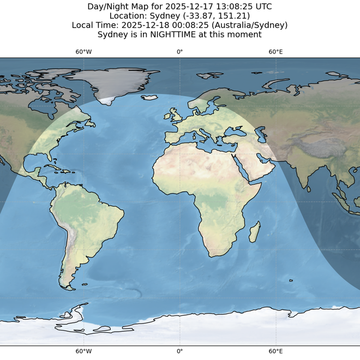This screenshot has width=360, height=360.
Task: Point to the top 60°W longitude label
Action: click(x=83, y=52)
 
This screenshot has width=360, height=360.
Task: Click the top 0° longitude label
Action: click(x=179, y=52)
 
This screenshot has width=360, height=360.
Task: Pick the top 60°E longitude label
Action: click(x=275, y=52)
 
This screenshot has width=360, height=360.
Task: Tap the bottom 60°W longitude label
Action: click(x=83, y=351)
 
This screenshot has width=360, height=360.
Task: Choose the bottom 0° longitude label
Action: click(x=179, y=351)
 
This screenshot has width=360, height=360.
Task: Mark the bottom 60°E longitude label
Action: click(x=275, y=351)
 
